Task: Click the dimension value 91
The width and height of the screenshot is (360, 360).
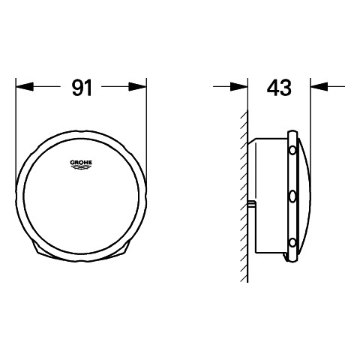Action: point(82,88)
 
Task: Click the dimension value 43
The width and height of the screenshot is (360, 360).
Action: point(279,88)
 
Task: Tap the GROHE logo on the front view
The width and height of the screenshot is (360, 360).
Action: point(81,164)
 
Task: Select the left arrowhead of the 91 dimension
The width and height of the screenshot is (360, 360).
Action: point(25,87)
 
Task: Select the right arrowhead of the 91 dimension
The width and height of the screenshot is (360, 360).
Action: point(137,87)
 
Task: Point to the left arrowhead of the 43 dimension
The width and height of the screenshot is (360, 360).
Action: point(239,87)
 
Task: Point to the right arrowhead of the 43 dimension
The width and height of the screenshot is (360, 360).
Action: point(319,87)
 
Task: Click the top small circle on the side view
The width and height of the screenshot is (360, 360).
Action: point(292,151)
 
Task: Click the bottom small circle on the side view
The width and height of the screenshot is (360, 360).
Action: point(292,242)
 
